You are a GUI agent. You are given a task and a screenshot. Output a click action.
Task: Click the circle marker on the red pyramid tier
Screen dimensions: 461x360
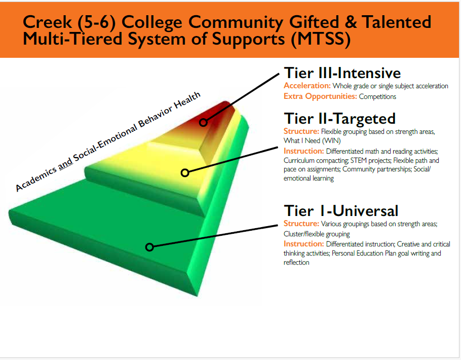coord(203,122)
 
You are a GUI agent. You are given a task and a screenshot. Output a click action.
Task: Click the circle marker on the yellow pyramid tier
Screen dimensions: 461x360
coord(185,173)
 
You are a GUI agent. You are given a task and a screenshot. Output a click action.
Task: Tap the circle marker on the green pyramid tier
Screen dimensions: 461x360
coord(149,247)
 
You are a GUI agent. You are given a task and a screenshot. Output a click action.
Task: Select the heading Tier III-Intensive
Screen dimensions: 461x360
coord(342,73)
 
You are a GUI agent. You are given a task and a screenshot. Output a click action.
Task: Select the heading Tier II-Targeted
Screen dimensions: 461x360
coord(339,119)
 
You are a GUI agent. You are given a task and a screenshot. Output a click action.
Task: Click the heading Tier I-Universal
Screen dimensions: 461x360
coord(341,211)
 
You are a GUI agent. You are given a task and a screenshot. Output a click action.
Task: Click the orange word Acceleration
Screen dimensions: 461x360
coord(307,86)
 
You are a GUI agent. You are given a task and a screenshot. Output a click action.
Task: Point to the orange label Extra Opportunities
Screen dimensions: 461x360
coord(320,96)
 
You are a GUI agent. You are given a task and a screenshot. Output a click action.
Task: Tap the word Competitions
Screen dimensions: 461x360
coord(377,96)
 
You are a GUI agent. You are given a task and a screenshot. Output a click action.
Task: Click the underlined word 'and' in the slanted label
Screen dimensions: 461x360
coord(65,163)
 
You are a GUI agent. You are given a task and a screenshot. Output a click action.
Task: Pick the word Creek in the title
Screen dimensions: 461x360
coord(47,22)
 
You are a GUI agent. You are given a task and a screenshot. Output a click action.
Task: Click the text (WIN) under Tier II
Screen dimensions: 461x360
coord(331,140)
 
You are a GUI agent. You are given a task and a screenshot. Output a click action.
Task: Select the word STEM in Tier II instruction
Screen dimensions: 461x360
coord(358,160)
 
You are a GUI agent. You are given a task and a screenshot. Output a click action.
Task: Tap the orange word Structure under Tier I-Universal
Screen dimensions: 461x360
coord(301,224)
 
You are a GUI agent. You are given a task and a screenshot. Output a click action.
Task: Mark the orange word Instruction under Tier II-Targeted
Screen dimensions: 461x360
coord(304,151)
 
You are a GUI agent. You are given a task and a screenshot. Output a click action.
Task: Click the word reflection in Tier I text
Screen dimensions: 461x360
coord(296,262)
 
